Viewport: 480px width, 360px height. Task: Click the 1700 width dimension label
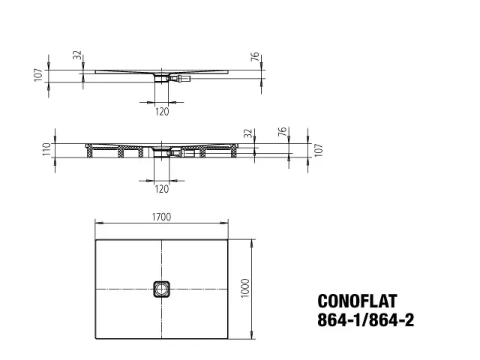click(162, 217)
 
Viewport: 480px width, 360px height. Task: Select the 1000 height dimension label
click(245, 288)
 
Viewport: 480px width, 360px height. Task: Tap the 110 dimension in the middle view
click(46, 149)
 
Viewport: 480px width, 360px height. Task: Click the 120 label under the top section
click(162, 112)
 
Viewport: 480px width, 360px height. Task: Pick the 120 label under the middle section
click(162, 189)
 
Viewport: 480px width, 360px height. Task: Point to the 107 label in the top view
click(38, 75)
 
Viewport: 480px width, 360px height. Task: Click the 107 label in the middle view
click(319, 150)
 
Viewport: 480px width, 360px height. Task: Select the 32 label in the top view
click(78, 55)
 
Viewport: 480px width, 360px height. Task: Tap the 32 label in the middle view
click(249, 133)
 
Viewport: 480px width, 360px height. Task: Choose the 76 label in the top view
click(255, 57)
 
